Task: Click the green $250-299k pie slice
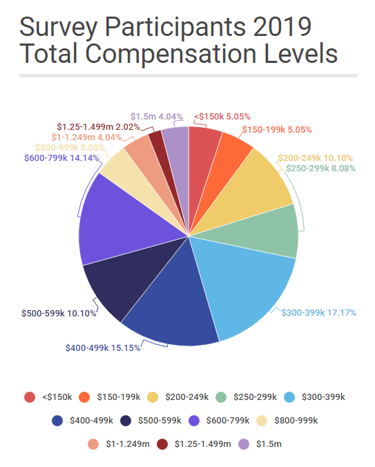coord(273,231)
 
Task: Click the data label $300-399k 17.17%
coord(318,312)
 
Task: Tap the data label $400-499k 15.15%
coord(103,347)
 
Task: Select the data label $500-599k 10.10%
coord(58,314)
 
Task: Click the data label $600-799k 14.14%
coord(61,156)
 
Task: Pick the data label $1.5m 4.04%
coord(156,116)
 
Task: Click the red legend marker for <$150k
coord(30,397)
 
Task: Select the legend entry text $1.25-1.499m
coord(202,444)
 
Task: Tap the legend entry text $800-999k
coord(296,419)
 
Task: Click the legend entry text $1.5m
coord(269,444)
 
